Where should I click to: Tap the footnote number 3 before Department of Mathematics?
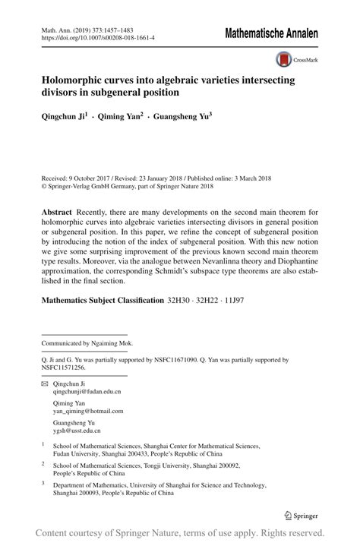[43, 481]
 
